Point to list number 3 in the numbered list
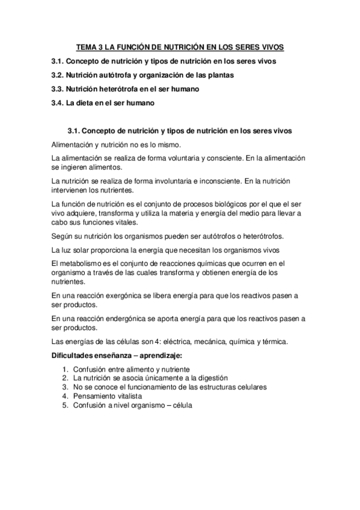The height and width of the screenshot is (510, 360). pos(64,387)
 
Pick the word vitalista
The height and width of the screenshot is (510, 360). pos(125,396)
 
